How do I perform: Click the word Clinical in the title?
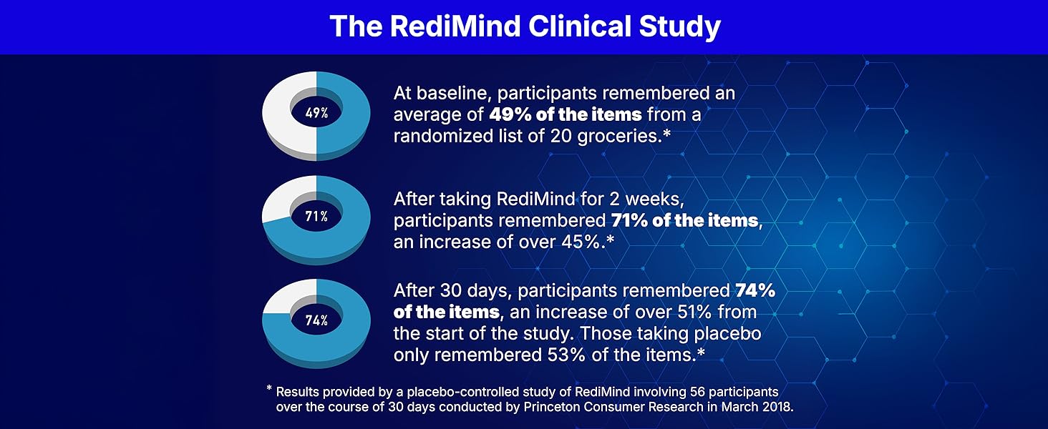tap(579, 26)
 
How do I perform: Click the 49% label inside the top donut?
tap(316, 113)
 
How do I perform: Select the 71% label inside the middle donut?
tap(316, 217)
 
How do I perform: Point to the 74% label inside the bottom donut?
tap(316, 320)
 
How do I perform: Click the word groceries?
tap(618, 137)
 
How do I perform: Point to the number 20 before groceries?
tap(561, 137)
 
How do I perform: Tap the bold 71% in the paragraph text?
tap(629, 220)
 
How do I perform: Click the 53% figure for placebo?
tap(566, 355)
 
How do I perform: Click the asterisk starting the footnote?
tap(269, 388)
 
